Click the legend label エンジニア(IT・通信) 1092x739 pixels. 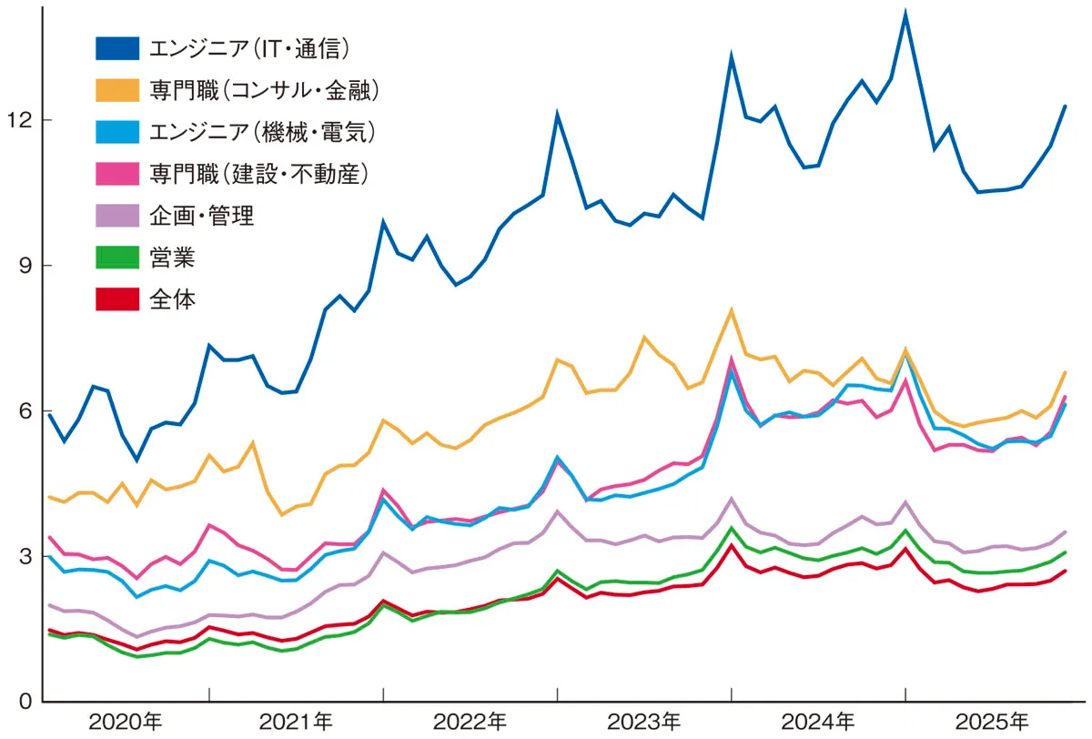pyautogui.click(x=249, y=47)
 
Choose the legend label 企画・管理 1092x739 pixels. pyautogui.click(x=202, y=215)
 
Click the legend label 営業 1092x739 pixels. pyautogui.click(x=173, y=257)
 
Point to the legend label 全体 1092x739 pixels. pyautogui.click(x=173, y=299)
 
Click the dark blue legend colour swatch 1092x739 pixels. pyautogui.click(x=117, y=47)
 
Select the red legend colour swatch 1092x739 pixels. pyautogui.click(x=117, y=299)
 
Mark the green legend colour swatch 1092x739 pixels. pyautogui.click(x=117, y=257)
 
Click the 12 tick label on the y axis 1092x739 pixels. pyautogui.click(x=19, y=120)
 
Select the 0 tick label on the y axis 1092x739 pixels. pyautogui.click(x=25, y=702)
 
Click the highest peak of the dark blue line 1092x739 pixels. pyautogui.click(x=905, y=14)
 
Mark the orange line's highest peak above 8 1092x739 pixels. pyautogui.click(x=731, y=310)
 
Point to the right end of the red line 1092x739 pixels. pyautogui.click(x=1065, y=571)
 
